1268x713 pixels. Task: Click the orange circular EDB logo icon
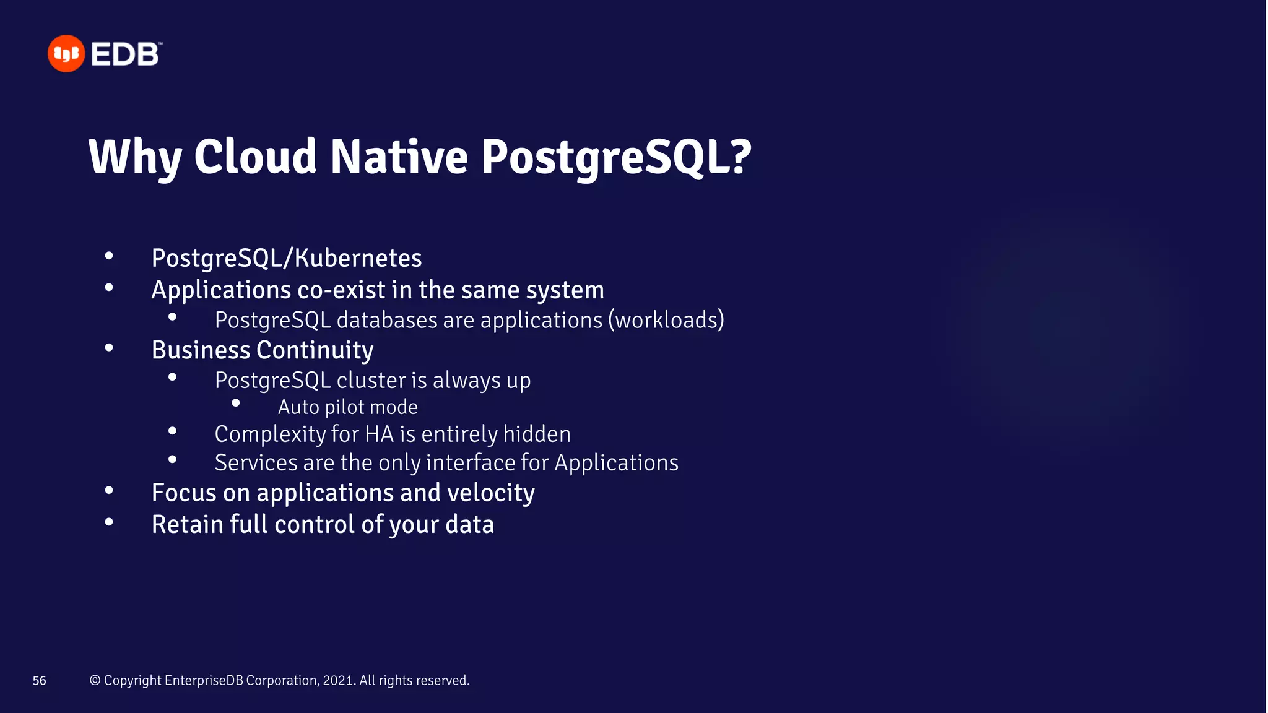click(x=66, y=54)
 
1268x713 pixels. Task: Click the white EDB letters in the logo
click(x=126, y=54)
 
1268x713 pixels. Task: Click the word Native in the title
click(x=399, y=157)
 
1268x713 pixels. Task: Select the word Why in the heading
click(x=135, y=158)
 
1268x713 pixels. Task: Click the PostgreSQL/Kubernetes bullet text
click(x=286, y=258)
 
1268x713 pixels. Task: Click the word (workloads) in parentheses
click(x=666, y=320)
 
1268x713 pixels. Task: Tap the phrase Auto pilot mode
click(x=347, y=407)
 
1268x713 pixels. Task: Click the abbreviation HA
click(x=379, y=434)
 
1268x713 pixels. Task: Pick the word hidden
click(x=536, y=434)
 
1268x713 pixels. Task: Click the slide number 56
click(x=40, y=681)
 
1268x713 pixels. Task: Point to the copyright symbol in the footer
click(x=95, y=680)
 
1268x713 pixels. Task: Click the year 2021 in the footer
click(x=338, y=680)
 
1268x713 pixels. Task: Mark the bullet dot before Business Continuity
click(x=109, y=348)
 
